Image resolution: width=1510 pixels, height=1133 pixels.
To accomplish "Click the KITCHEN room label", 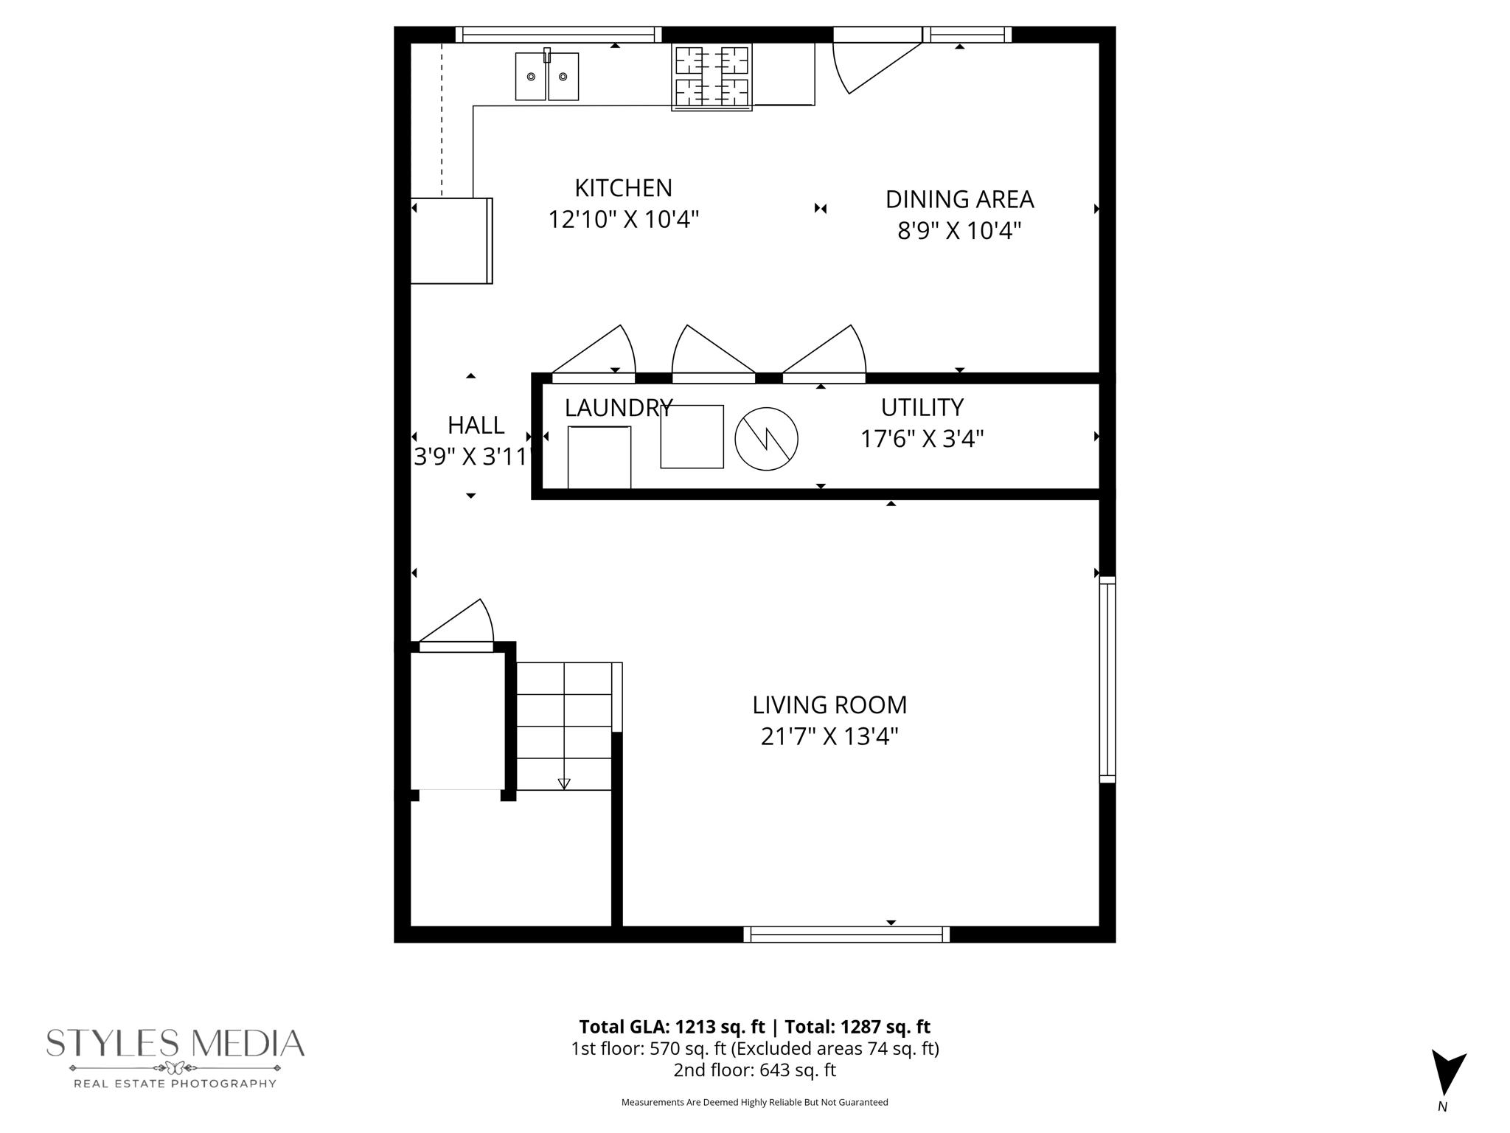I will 623,188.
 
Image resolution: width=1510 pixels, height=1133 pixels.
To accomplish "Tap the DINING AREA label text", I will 959,199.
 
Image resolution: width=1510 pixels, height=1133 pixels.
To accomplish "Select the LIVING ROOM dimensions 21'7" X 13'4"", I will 829,736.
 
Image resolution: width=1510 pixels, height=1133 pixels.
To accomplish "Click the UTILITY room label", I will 922,407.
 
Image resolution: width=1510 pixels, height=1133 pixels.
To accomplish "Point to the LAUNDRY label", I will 618,407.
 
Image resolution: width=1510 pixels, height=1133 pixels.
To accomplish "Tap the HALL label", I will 476,425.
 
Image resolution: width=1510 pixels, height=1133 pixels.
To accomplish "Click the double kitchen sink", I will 546,76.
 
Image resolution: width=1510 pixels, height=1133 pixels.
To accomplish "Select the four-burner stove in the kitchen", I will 711,77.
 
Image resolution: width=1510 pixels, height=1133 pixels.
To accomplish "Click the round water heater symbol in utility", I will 766,439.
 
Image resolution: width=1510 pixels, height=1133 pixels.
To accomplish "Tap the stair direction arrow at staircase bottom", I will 564,783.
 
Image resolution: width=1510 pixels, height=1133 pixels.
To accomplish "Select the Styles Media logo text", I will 175,1043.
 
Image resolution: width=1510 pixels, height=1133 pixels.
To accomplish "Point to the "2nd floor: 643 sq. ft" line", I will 754,1070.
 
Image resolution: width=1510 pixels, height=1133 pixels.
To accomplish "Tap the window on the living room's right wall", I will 1107,679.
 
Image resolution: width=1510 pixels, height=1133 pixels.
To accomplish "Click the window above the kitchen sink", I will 558,35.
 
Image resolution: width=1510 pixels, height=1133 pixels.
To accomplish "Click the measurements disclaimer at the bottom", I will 754,1102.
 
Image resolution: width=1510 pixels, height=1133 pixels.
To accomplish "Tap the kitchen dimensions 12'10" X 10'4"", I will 623,219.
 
